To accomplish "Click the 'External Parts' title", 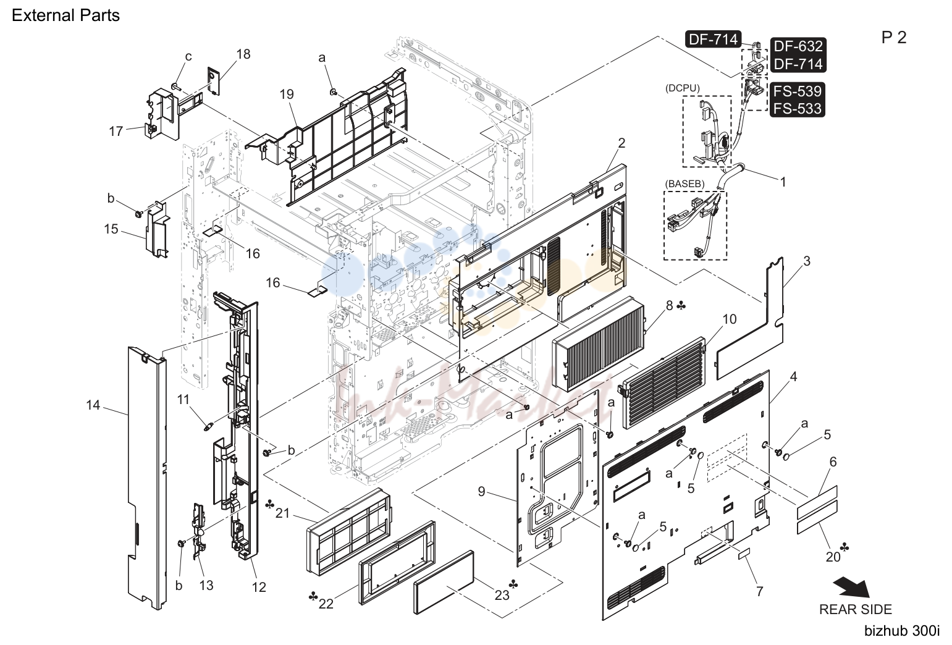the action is [x=66, y=15].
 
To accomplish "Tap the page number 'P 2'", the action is [x=894, y=38].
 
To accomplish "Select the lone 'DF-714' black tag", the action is [x=713, y=39].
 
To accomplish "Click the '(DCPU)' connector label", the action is [x=682, y=88].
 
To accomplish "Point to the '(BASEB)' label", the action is [x=685, y=184].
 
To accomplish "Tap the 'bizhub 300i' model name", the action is [x=902, y=631].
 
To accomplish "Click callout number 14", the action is [x=93, y=405].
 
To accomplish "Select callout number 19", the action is [x=287, y=94].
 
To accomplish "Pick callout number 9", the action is [x=481, y=491].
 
